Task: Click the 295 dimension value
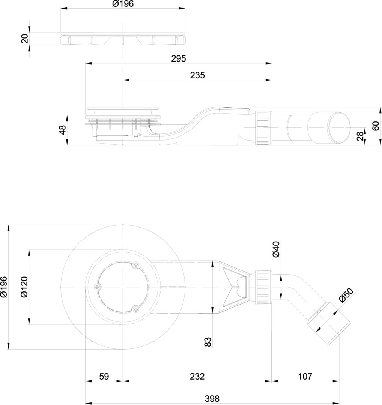pos(178,58)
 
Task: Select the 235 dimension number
pos(197,75)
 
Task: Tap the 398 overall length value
pos(212,399)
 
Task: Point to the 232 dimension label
pos(197,376)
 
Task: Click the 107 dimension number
pos(305,376)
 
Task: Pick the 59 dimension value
pos(104,376)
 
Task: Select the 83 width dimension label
pos(208,342)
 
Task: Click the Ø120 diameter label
pos(24,287)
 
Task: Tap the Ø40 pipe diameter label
pos(276,249)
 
